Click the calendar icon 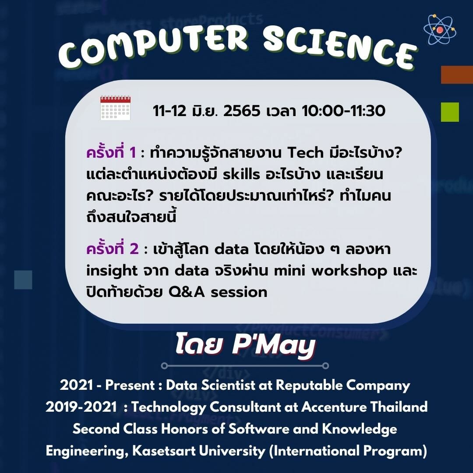[x=115, y=108]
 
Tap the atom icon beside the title [x=440, y=29]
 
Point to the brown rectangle [x=457, y=74]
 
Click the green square [x=450, y=112]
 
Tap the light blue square [x=23, y=279]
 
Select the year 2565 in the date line [x=241, y=111]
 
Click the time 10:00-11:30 [x=343, y=111]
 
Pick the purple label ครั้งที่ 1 [x=111, y=153]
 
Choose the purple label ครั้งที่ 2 [x=112, y=249]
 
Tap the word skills [x=241, y=174]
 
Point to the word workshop [x=349, y=271]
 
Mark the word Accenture [x=333, y=407]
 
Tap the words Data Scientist [x=211, y=385]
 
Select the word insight [x=112, y=271]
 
